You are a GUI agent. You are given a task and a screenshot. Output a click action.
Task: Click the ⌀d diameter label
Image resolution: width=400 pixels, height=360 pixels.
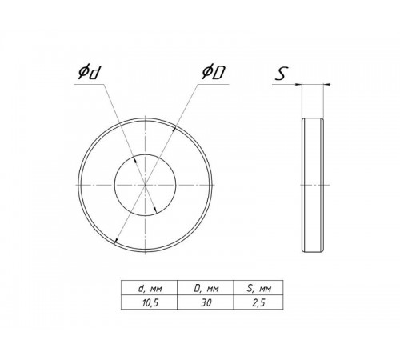point(89,73)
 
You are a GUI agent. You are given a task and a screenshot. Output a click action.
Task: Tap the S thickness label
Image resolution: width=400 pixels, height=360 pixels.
point(282,74)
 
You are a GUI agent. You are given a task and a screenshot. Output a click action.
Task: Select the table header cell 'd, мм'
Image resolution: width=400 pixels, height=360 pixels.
point(150,288)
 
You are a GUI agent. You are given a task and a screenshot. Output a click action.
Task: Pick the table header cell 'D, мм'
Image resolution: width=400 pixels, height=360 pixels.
point(206,288)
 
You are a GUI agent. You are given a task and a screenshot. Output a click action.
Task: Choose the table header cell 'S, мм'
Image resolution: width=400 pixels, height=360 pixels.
point(259,288)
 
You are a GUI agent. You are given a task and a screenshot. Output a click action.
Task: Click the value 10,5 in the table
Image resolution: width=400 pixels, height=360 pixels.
point(150,302)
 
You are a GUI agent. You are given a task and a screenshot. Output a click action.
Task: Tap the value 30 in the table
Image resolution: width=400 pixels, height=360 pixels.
point(206,302)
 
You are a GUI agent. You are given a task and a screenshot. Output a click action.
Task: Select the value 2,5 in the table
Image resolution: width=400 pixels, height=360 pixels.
point(258,302)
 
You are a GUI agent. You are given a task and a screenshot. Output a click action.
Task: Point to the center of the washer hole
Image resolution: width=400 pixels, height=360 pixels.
point(145,185)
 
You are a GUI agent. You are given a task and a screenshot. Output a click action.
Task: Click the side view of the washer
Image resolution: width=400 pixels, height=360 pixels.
point(313,185)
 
